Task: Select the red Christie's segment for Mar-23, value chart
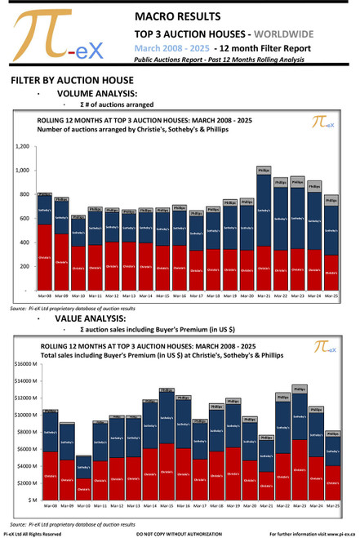tap(299, 469)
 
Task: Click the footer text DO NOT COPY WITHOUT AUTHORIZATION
tap(179, 533)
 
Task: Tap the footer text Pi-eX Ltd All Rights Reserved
tap(33, 533)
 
